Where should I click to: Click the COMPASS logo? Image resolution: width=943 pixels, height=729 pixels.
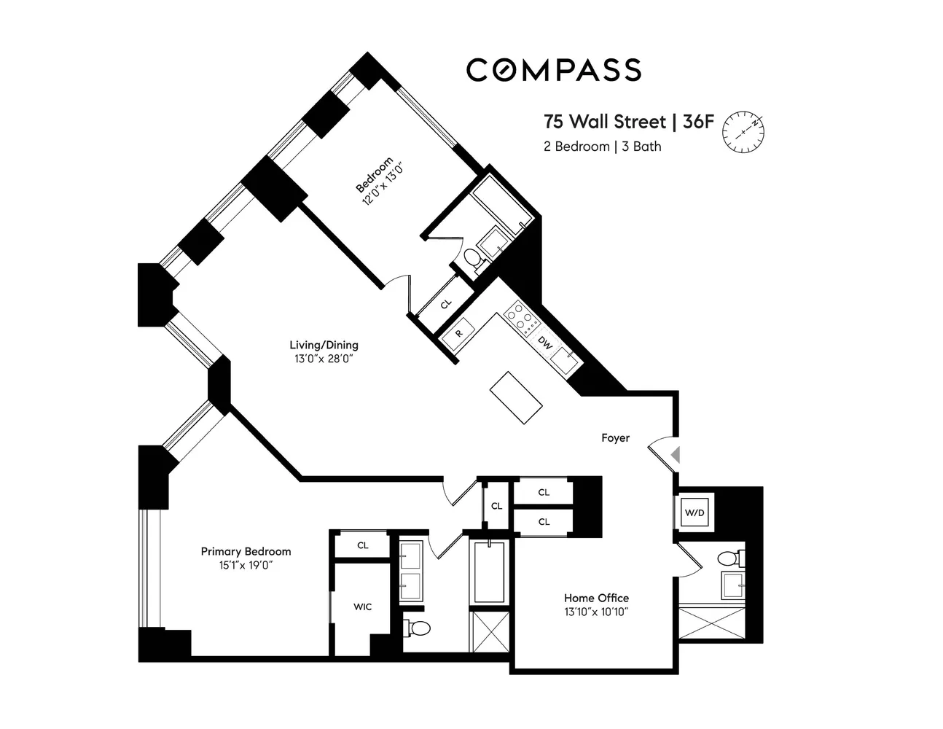[554, 70]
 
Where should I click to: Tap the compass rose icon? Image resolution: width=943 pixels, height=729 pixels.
[743, 132]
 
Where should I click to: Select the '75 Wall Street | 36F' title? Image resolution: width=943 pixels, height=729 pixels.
[629, 121]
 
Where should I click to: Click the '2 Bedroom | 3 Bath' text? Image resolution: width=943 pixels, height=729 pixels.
[602, 147]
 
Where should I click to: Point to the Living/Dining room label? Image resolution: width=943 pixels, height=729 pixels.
[324, 346]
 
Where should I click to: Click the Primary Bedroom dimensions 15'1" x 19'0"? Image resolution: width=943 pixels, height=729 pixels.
[246, 565]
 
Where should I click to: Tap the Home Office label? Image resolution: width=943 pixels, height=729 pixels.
[596, 598]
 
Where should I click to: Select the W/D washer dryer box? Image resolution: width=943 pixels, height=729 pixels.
[694, 513]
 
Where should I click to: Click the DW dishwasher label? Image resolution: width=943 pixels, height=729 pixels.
[544, 343]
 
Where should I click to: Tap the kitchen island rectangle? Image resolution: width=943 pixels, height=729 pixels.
[517, 397]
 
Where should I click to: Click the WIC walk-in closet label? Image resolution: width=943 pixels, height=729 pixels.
[362, 607]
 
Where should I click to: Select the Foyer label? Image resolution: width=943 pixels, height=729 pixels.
[615, 438]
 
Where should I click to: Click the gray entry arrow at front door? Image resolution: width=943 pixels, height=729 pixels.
[676, 455]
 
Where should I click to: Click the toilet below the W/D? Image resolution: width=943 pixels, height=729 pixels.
[729, 559]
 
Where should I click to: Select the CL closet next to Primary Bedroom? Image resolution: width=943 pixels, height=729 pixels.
[362, 545]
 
